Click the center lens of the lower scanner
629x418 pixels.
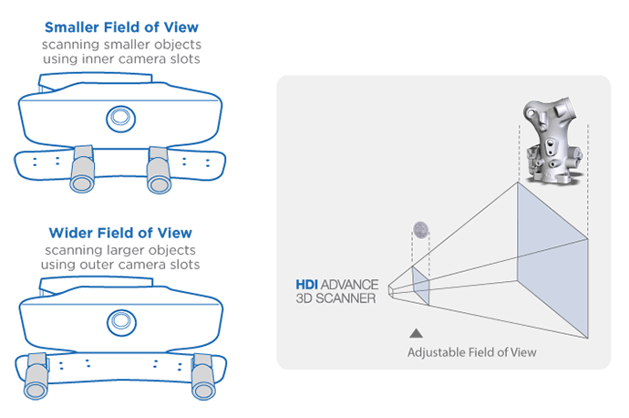pyautogui.click(x=119, y=320)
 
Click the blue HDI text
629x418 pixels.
pyautogui.click(x=306, y=286)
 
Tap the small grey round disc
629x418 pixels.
pyautogui.click(x=420, y=230)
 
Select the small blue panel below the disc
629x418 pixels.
pyautogui.click(x=420, y=284)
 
